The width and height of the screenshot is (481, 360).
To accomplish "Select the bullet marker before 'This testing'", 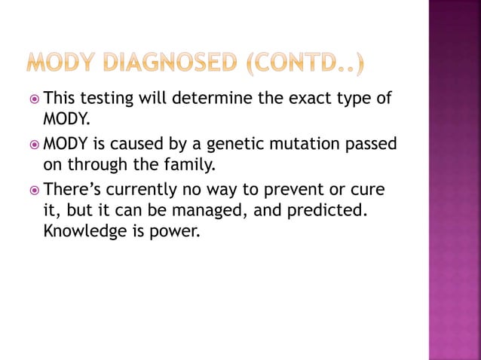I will pyautogui.click(x=34, y=99).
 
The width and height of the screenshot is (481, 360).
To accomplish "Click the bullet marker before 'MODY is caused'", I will pyautogui.click(x=34, y=143).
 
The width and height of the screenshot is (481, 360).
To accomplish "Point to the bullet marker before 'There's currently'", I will pyautogui.click(x=34, y=188).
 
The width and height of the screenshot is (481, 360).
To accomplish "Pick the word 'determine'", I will pyautogui.click(x=213, y=99).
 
